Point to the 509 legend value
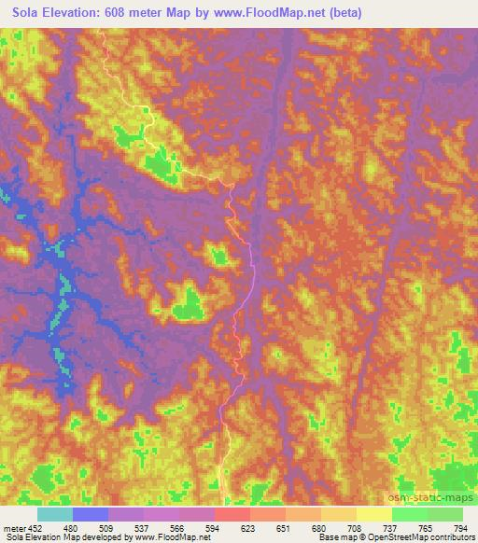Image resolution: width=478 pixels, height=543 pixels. (108, 527)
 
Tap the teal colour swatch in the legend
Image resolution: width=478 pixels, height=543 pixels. (55, 514)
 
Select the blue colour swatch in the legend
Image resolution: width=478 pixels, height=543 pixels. (91, 514)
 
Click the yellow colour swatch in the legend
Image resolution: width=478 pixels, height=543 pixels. (373, 514)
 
